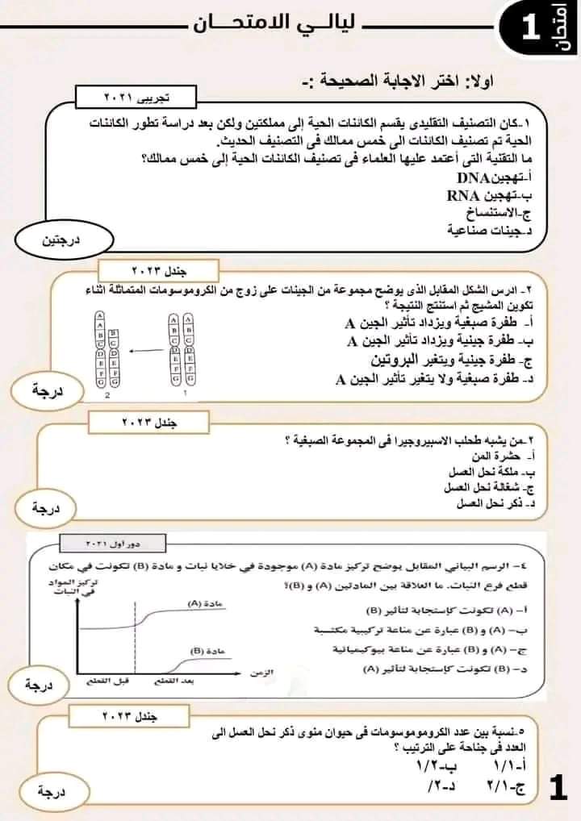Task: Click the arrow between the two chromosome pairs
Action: (145, 351)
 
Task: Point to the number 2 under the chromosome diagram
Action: (107, 397)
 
